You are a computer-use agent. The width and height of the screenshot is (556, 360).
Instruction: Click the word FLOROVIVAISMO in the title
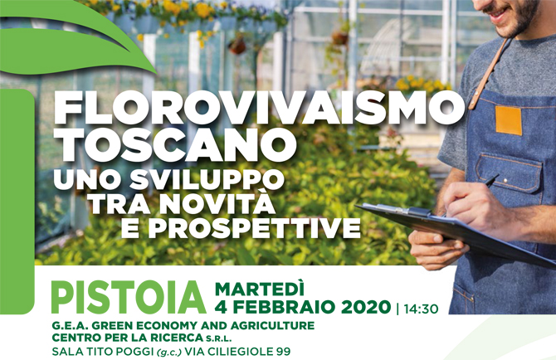click(x=259, y=108)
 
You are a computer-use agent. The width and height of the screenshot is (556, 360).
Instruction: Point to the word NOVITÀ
click(x=217, y=204)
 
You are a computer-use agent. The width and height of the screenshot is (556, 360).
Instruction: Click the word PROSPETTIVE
click(x=254, y=228)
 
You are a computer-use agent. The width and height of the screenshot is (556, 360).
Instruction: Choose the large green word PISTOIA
click(x=129, y=298)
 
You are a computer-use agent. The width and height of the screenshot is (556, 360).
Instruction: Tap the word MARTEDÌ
click(x=260, y=289)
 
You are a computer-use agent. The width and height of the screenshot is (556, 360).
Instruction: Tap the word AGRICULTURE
click(x=272, y=326)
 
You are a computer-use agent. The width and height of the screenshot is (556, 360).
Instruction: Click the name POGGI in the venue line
click(x=134, y=352)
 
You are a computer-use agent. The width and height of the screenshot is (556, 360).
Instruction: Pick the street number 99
click(x=283, y=352)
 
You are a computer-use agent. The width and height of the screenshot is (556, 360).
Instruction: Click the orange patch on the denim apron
click(x=509, y=120)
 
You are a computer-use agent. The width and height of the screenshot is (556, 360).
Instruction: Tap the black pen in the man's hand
click(x=491, y=181)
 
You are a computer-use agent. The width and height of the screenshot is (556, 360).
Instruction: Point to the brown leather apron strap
click(x=489, y=74)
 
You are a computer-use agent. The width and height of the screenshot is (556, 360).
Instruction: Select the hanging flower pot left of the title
click(x=237, y=46)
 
